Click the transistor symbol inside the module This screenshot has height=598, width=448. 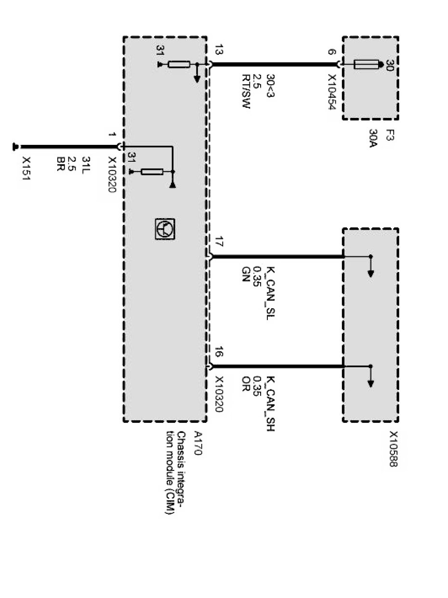tap(165, 229)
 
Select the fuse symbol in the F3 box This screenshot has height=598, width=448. tap(366, 64)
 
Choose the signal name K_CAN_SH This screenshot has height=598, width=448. tap(271, 403)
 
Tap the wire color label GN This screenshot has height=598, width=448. tap(246, 273)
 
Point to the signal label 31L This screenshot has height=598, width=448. tap(86, 163)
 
